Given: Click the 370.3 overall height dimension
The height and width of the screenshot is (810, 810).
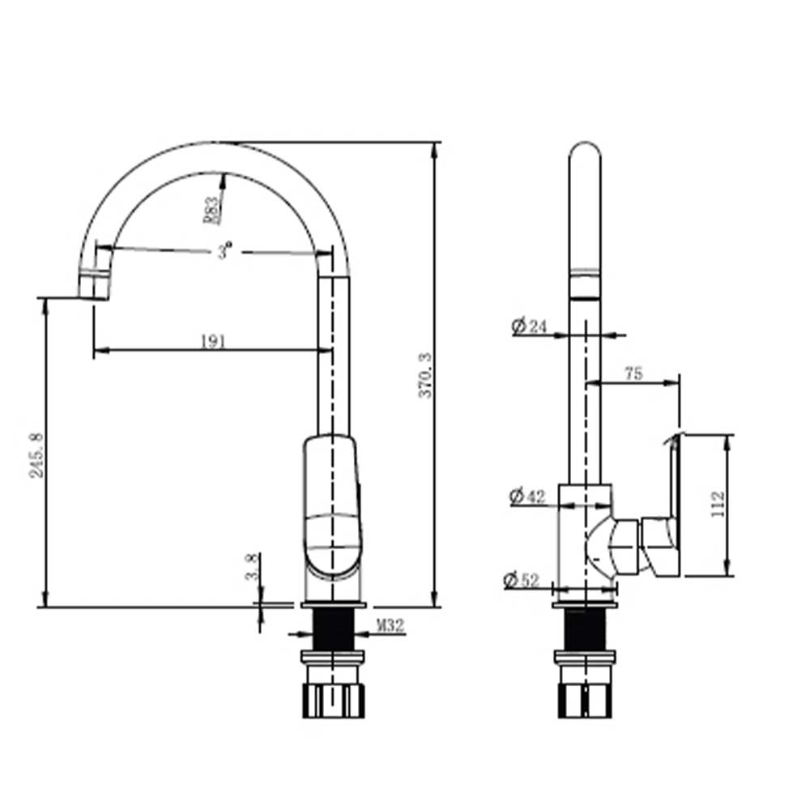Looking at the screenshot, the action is (x=424, y=375).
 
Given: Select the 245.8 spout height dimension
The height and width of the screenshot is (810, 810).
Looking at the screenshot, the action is (x=36, y=455).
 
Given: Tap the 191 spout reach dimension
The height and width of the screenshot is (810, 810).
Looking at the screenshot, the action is (x=213, y=342).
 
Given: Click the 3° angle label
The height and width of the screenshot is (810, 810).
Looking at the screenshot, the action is (x=224, y=252).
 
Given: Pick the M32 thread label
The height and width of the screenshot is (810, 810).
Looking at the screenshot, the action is (x=390, y=625).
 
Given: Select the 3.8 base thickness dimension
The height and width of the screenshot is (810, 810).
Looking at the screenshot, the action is (x=252, y=566).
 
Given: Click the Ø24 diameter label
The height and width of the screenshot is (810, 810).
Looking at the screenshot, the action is (x=528, y=326).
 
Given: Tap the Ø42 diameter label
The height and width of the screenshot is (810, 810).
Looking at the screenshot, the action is (x=527, y=496).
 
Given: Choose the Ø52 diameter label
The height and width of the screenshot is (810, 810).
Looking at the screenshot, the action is (x=521, y=580).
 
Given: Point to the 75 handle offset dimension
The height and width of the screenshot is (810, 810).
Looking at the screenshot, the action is (x=633, y=373).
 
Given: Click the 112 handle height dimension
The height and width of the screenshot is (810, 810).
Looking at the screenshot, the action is (x=718, y=505).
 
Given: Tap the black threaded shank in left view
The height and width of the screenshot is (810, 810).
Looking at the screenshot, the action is (x=333, y=629).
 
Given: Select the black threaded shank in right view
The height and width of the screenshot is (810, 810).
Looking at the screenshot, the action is (x=586, y=629).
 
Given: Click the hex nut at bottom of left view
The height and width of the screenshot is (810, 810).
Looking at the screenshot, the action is (x=333, y=701).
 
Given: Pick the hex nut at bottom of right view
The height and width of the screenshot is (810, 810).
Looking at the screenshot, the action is (x=586, y=701).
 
